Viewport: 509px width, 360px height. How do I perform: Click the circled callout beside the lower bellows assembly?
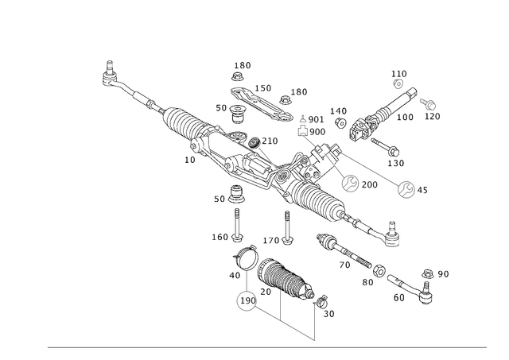point(247,300)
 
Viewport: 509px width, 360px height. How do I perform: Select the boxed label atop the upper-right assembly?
point(399,75)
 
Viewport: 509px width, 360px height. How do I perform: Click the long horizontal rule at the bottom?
point(266,346)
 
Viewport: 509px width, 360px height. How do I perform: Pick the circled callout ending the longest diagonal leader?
point(407,189)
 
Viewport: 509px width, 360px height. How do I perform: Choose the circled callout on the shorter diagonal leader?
point(351,184)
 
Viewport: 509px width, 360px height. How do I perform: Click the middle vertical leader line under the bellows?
point(280,305)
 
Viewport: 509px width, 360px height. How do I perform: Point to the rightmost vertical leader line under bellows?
point(317,322)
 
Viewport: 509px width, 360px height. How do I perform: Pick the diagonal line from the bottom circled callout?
point(282,321)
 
